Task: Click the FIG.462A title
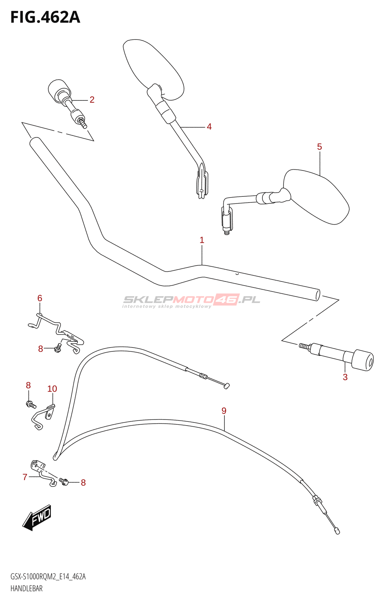(45, 17)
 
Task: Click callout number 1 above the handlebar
(202, 240)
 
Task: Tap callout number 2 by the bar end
(92, 100)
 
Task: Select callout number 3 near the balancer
(345, 377)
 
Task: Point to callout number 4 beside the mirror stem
(209, 127)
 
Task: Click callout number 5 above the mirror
(319, 147)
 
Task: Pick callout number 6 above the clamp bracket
(40, 298)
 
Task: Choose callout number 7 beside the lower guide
(25, 477)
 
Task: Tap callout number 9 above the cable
(224, 411)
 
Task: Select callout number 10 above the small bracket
(52, 389)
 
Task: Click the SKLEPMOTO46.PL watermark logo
(191, 301)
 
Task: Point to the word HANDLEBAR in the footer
(27, 588)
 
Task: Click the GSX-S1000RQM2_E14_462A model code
(48, 577)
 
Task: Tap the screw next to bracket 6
(58, 348)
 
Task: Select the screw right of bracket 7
(64, 481)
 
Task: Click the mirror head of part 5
(317, 196)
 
